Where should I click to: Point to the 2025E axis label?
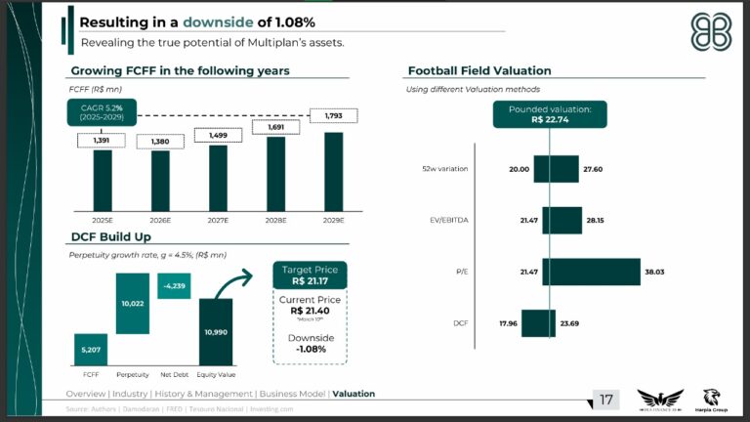103,221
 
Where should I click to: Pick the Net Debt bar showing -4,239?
174,285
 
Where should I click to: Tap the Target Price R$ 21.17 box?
311,274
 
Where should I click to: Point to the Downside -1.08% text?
311,343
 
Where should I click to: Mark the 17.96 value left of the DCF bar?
506,322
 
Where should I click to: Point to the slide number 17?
606,399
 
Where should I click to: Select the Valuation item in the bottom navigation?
354,394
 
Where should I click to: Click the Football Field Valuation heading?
479,71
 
